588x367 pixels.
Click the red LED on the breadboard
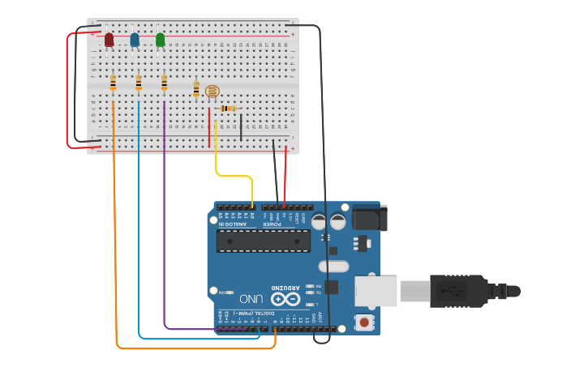click(109, 39)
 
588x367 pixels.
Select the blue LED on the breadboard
click(135, 39)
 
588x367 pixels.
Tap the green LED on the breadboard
click(160, 39)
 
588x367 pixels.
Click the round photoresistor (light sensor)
click(212, 92)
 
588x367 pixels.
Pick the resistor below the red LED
click(113, 82)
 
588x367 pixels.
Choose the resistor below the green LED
click(164, 82)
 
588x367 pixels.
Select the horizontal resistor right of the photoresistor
click(229, 109)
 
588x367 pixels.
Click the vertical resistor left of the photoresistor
click(195, 89)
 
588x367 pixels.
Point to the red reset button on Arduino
click(364, 322)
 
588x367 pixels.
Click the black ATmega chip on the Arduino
click(263, 241)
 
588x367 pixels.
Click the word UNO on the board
click(256, 299)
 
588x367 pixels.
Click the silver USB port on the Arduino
click(375, 291)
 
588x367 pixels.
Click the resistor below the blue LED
click(139, 82)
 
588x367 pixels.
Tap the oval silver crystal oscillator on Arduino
click(333, 266)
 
